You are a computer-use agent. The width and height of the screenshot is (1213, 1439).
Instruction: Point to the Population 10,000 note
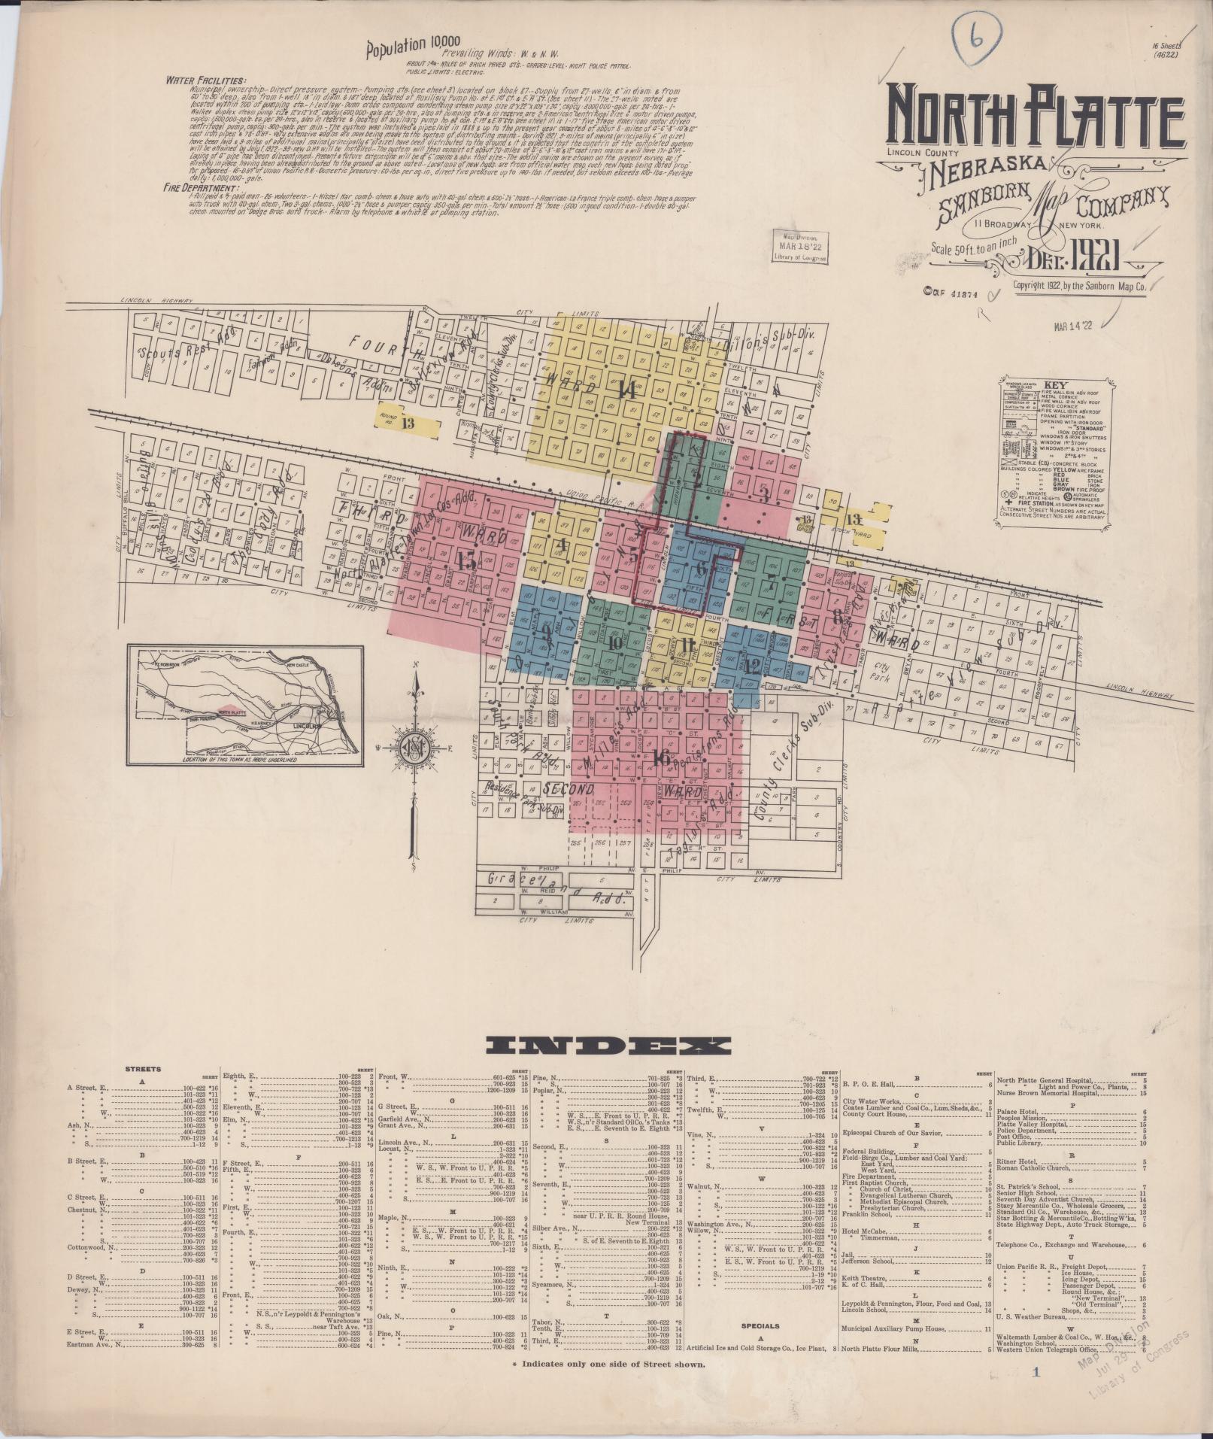406,46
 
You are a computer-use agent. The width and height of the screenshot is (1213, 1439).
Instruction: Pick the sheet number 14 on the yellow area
626,390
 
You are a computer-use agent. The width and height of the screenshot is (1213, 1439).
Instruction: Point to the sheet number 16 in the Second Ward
663,757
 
